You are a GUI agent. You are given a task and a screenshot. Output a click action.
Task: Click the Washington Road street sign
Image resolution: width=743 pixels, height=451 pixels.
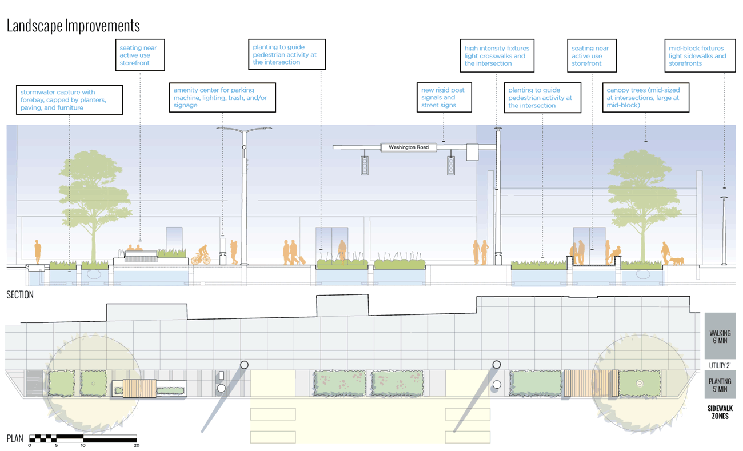coord(409,147)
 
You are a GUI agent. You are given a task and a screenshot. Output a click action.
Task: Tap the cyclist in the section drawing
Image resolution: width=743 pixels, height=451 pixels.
coord(201,256)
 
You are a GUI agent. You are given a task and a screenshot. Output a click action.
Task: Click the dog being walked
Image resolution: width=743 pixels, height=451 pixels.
coord(677,261)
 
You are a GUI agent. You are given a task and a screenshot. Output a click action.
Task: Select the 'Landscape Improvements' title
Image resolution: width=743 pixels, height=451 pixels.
coord(73,26)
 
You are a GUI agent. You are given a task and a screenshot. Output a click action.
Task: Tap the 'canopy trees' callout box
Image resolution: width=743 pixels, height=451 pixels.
coord(646,98)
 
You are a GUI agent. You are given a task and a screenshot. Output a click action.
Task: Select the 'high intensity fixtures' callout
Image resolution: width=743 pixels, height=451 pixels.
coord(497,56)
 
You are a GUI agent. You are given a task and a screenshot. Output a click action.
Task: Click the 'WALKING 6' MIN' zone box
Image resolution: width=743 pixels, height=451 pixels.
coord(720,337)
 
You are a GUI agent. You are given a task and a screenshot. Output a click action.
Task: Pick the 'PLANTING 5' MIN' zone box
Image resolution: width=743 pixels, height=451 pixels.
coord(720,385)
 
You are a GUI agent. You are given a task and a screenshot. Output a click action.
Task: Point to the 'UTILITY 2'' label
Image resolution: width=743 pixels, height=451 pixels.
coord(720,365)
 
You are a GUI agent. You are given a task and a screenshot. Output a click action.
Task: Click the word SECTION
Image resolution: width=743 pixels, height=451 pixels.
coord(20,295)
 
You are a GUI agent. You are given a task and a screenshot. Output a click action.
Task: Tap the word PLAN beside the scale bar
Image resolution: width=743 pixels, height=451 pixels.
coord(15,438)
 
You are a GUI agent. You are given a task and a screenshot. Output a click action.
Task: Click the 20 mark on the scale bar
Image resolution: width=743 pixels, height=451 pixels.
coord(136,445)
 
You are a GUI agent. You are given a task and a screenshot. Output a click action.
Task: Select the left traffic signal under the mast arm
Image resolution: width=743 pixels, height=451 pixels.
coord(364,165)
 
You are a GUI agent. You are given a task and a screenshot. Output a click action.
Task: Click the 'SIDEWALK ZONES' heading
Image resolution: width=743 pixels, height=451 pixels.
coord(720,412)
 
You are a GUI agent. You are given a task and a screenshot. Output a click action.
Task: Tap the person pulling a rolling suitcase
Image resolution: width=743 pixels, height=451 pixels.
coord(294,252)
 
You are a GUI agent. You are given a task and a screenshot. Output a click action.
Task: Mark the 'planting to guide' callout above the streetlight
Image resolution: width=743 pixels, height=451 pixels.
coord(287,55)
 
